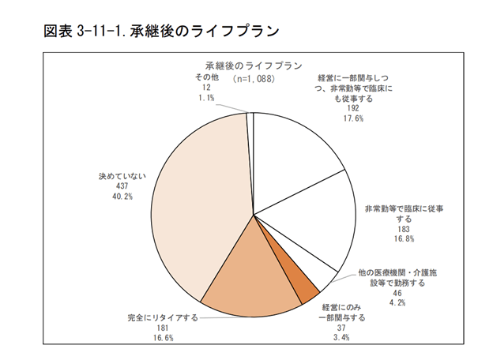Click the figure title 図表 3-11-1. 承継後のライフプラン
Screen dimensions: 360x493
pos(162,31)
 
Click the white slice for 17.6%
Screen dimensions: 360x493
pos(292,158)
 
